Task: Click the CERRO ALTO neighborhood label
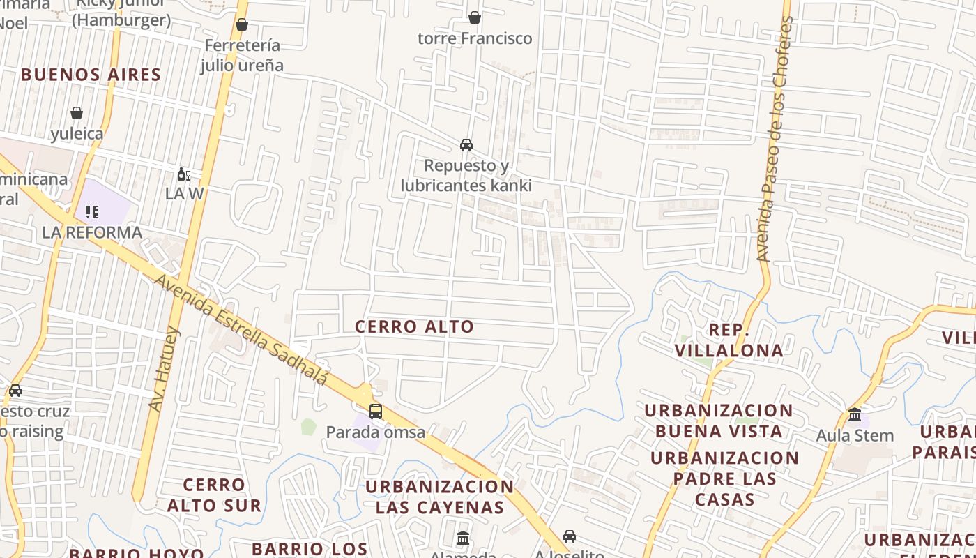[x=414, y=326]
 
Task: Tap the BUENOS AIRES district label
[x=91, y=75]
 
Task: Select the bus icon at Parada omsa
[x=376, y=412]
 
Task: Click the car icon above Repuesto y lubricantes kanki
[x=466, y=145]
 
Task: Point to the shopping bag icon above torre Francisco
[x=475, y=17]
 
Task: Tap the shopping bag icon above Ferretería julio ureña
[x=242, y=25]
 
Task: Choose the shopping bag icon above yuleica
[x=77, y=113]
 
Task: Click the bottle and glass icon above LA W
[x=183, y=174]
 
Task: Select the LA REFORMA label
[x=92, y=232]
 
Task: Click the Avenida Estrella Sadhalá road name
[x=241, y=329]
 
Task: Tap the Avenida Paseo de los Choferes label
[x=775, y=139]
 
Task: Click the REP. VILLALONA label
[x=729, y=340]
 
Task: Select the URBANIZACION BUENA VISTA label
[x=719, y=421]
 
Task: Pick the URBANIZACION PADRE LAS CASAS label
[x=725, y=478]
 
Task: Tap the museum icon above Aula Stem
[x=855, y=414]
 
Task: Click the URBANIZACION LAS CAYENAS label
[x=439, y=497]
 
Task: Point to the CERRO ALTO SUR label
[x=214, y=495]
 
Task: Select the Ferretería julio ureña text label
[x=242, y=55]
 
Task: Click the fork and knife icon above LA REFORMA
[x=92, y=211]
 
